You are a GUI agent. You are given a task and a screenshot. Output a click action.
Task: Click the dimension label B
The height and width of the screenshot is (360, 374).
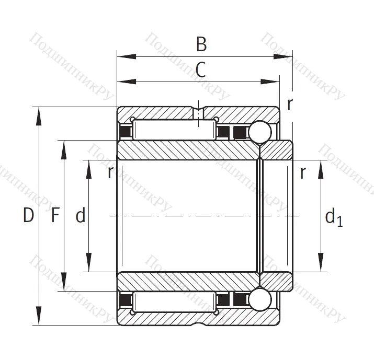point(201,45)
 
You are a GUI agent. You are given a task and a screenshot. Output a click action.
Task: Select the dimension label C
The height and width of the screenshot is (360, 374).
point(200,70)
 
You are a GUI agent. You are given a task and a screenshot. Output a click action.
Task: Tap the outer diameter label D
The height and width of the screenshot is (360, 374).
point(28,215)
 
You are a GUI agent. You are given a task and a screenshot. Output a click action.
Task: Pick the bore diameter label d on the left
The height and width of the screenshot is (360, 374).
point(80,215)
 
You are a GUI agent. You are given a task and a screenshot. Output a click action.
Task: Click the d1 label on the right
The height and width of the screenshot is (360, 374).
point(334,216)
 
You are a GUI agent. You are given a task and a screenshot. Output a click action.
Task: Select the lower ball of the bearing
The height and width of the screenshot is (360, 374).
point(259,299)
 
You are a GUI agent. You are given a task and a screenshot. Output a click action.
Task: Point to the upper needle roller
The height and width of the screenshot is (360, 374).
point(175,130)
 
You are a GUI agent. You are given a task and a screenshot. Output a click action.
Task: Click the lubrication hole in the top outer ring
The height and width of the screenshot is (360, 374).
point(199,113)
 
